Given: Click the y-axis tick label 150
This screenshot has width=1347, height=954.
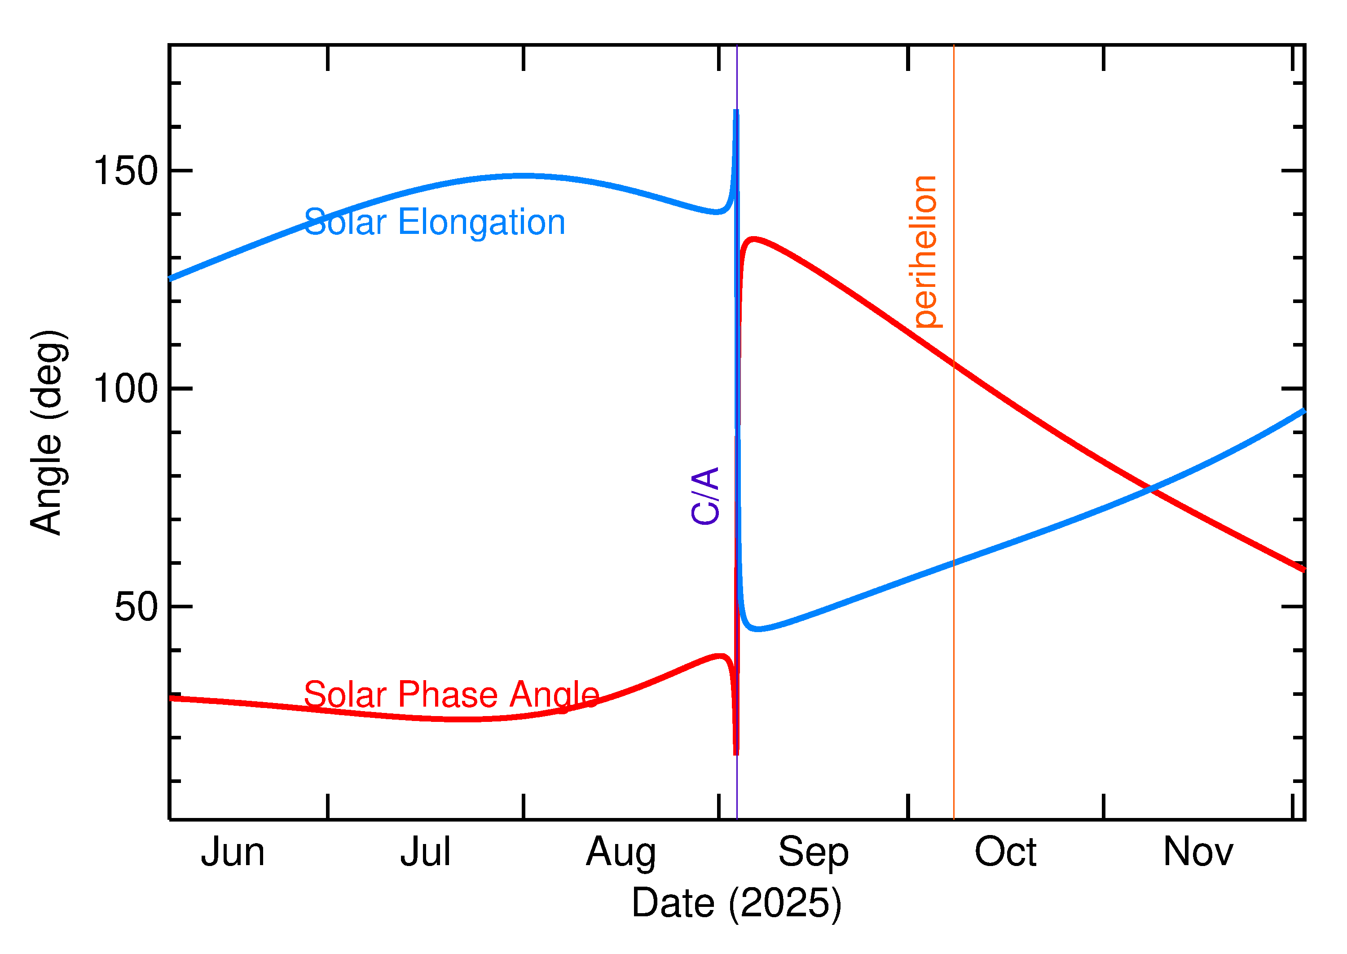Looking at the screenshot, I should [x=126, y=171].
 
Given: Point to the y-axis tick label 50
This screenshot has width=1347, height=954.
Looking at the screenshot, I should [x=136, y=607].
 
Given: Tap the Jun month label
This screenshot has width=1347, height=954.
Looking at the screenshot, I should [x=233, y=853].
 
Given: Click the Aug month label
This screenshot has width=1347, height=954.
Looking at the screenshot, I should [x=621, y=853].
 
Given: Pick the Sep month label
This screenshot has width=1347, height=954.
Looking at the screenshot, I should [x=814, y=853].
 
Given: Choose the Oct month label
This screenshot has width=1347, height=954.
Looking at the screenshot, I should [x=1005, y=853].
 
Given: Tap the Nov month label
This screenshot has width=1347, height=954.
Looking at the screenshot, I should [x=1198, y=853].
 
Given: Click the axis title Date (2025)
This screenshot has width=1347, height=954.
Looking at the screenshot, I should [x=737, y=903].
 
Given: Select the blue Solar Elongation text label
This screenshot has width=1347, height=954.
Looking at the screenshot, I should [x=435, y=223].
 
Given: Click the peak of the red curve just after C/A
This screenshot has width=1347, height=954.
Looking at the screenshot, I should [x=753, y=239].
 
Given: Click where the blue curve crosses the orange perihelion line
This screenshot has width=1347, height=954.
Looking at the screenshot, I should [x=954, y=563].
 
